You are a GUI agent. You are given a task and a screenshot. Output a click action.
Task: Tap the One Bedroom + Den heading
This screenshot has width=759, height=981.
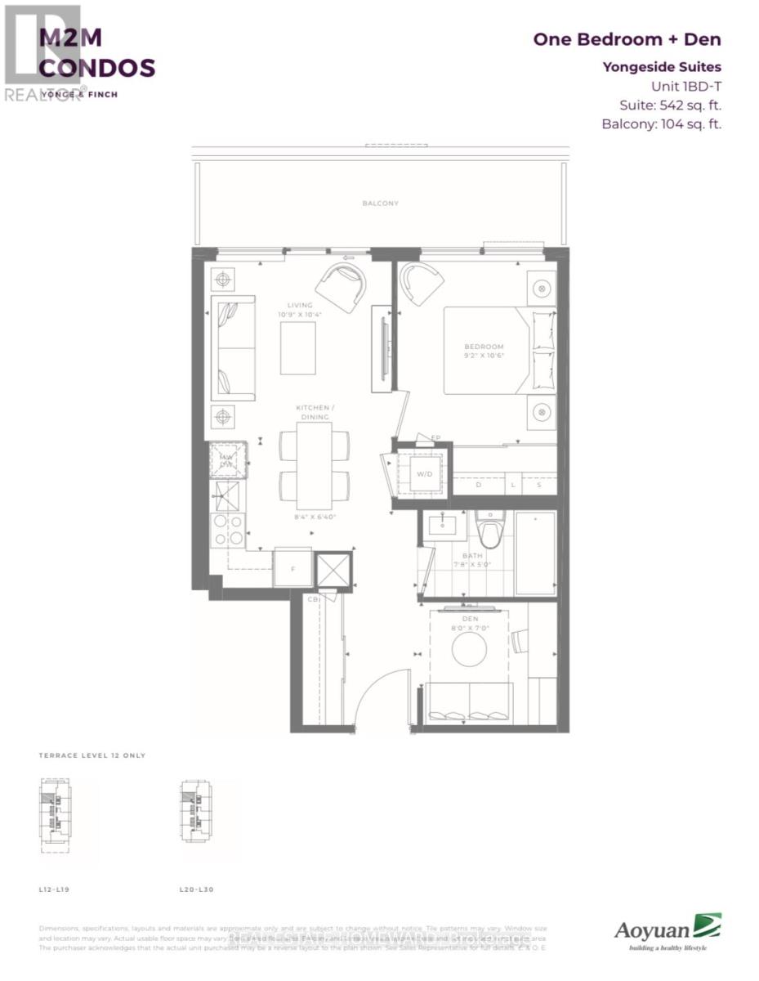(627, 39)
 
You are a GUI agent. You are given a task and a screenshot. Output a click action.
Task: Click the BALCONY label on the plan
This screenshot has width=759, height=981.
(381, 203)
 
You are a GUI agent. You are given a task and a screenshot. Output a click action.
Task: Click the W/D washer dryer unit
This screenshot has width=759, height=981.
(425, 473)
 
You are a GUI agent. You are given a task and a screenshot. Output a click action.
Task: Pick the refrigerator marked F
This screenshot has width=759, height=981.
(292, 567)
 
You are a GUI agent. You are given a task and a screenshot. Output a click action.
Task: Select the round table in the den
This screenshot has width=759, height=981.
(469, 650)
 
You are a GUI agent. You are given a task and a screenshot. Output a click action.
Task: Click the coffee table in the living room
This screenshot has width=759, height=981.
(298, 347)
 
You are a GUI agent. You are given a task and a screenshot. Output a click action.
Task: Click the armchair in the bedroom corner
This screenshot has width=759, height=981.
(422, 283)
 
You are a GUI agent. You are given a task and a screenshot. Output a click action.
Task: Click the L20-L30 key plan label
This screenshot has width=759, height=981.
(196, 888)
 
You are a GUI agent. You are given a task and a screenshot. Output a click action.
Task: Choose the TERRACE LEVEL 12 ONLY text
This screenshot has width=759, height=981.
(92, 755)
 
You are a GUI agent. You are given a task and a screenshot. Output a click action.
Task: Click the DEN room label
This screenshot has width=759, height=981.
(469, 619)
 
